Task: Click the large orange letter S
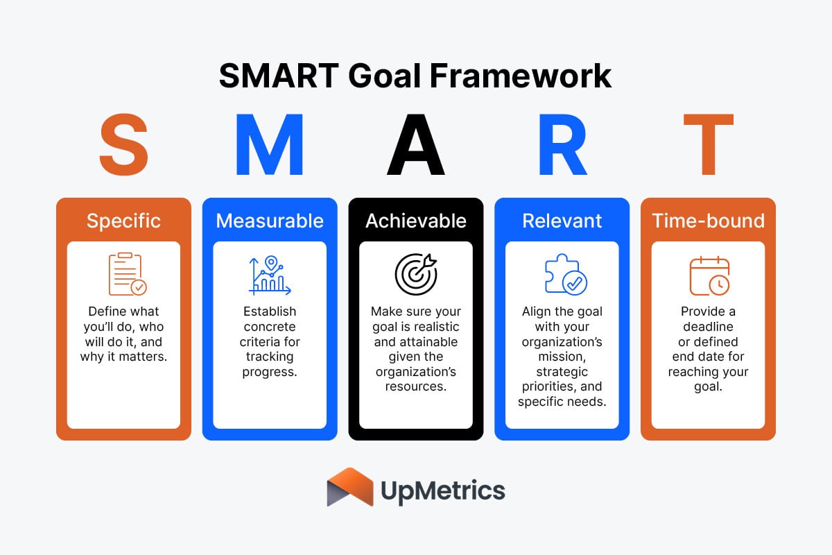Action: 123,146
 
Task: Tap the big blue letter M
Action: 269,146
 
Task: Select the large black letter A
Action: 415,146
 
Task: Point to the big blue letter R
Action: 562,146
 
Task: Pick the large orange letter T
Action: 708,146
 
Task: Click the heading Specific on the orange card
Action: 123,221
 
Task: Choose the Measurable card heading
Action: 270,221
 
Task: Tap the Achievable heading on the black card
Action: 416,221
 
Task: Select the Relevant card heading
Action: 562,221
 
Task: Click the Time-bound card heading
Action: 708,221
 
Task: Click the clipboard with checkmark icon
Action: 127,275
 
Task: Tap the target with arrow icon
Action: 416,275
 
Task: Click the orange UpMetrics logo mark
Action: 350,487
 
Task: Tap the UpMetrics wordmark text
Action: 443,491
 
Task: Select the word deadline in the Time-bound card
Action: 708,326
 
